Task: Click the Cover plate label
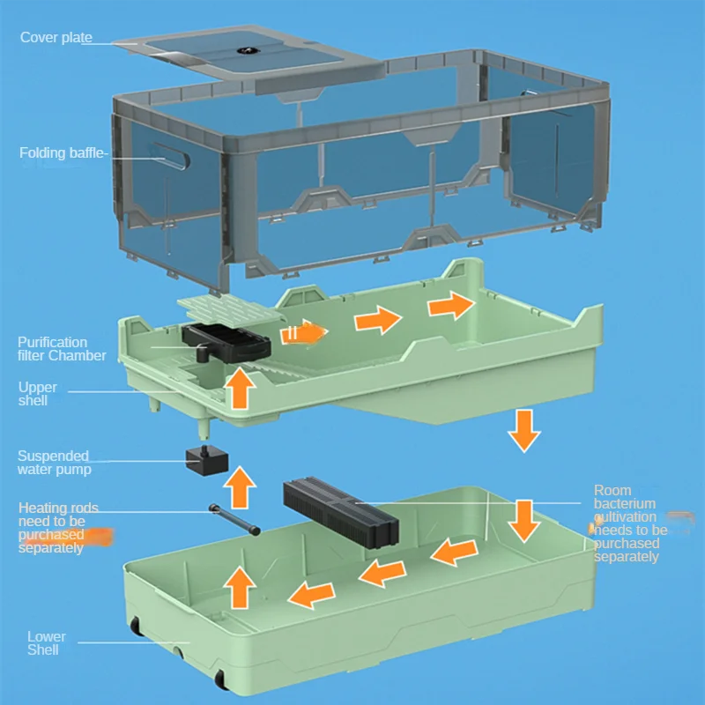pos(56,38)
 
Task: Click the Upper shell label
pos(38,394)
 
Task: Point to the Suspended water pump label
pos(53,462)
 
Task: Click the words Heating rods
pos(58,508)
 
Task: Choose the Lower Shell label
pos(46,642)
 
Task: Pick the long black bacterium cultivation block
pos(341,512)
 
